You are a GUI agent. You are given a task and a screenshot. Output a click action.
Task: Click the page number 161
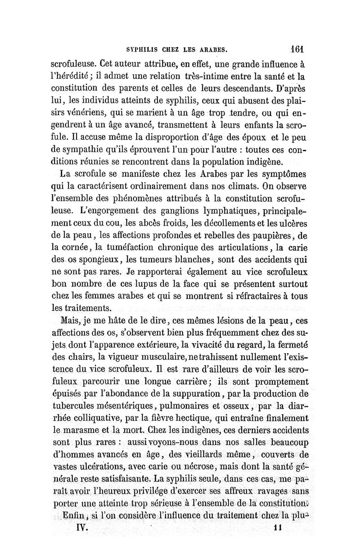coord(297,48)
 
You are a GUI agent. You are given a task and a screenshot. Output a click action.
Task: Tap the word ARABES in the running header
coord(216,49)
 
